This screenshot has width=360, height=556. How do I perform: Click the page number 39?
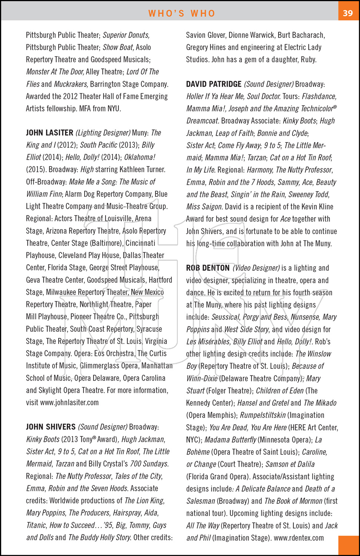coord(348,13)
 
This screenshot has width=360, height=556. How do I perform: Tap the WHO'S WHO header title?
coord(182,13)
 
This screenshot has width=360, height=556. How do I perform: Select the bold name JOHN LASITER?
coord(50,133)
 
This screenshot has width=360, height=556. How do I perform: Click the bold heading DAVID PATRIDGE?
coord(214,84)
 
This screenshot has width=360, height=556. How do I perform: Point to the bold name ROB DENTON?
coord(208,268)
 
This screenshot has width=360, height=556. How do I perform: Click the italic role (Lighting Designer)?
coord(103,133)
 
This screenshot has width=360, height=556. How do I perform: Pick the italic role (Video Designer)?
coord(256,268)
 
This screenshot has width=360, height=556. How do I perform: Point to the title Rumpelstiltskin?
coord(263,415)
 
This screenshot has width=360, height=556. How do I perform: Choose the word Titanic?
coord(36,525)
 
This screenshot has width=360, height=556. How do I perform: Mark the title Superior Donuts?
coord(126,35)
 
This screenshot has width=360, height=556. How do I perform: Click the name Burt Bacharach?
coord(301,35)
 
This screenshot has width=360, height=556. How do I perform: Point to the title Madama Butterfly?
coord(230,440)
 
